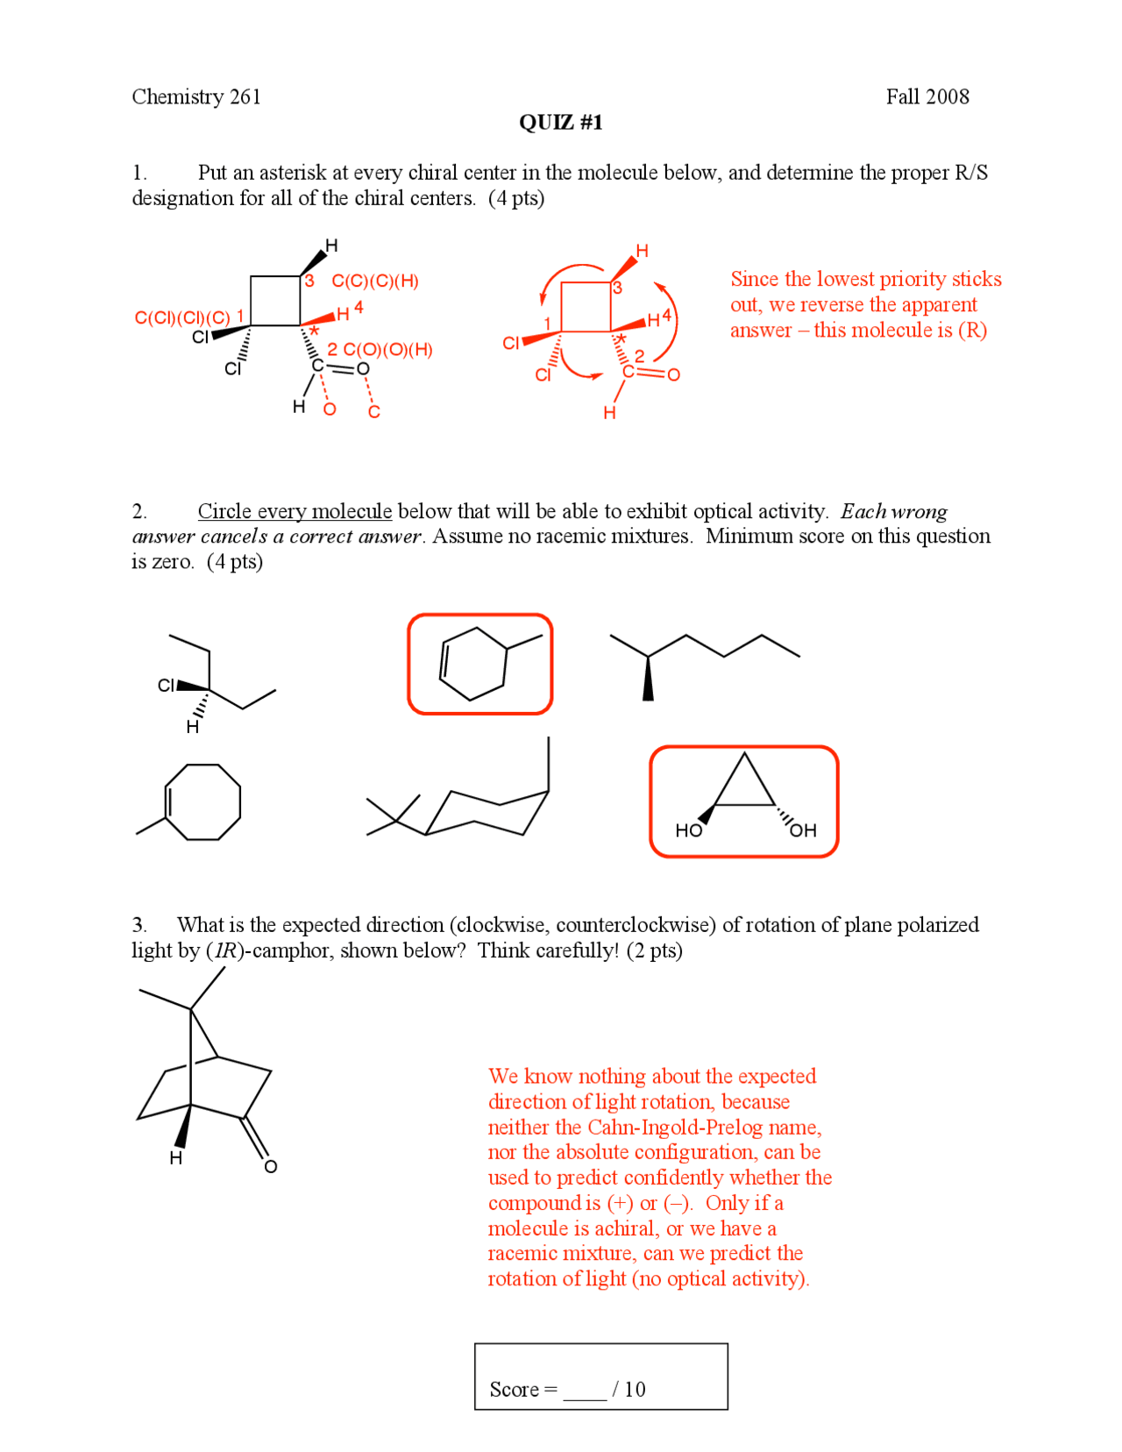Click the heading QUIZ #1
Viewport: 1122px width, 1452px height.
pos(560,122)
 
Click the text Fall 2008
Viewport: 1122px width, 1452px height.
pos(927,96)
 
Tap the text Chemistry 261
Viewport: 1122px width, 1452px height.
pos(196,96)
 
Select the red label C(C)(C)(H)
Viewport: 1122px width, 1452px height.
pos(374,281)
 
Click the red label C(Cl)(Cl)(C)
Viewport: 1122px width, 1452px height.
pos(182,317)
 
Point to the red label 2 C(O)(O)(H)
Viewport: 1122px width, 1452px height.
pos(380,350)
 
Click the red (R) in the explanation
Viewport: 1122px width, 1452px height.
pos(972,331)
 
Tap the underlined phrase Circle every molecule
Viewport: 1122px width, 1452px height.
pos(295,511)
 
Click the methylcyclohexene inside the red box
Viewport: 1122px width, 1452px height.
pos(479,664)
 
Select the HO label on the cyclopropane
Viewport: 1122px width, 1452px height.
pos(688,829)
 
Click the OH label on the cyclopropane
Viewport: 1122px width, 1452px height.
pos(802,829)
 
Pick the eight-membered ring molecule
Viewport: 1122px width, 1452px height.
pos(202,801)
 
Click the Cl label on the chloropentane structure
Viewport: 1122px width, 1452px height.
pos(166,686)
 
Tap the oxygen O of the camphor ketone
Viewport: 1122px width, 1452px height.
pos(271,1166)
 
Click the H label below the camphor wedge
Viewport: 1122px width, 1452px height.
pos(176,1158)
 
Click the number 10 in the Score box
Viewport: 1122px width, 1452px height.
pos(635,1389)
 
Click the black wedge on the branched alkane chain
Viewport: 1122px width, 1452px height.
pos(648,680)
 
